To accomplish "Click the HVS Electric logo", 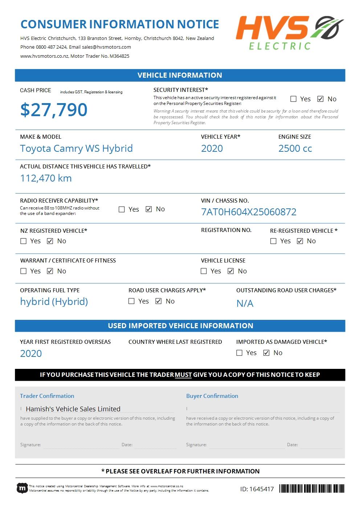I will pyautogui.click(x=290, y=32).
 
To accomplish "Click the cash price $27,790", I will pyautogui.click(x=54, y=110).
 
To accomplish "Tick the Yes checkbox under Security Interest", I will pyautogui.click(x=294, y=99).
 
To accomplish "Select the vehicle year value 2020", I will pyautogui.click(x=212, y=148).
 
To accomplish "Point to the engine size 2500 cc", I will pyautogui.click(x=295, y=148).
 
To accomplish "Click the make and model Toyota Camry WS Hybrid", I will pyautogui.click(x=76, y=148).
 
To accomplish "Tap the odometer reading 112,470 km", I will pyautogui.click(x=46, y=178).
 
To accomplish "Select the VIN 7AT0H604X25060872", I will pyautogui.click(x=249, y=212).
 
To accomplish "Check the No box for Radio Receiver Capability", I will pyautogui.click(x=149, y=209).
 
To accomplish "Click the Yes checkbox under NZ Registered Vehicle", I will pyautogui.click(x=24, y=241).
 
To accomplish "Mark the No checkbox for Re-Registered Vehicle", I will pyautogui.click(x=300, y=241).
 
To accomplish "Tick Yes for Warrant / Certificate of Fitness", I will pyautogui.click(x=24, y=271).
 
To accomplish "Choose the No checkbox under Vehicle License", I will pyautogui.click(x=231, y=271).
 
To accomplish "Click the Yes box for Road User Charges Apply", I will pyautogui.click(x=131, y=301).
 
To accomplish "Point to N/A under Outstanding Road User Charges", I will pyautogui.click(x=245, y=304).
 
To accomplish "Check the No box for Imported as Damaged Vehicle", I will pyautogui.click(x=266, y=353).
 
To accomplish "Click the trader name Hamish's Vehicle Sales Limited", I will pyautogui.click(x=73, y=409).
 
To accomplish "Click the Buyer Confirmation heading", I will pyautogui.click(x=212, y=396).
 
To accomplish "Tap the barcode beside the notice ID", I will pyautogui.click(x=312, y=489).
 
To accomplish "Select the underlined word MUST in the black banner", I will pyautogui.click(x=183, y=375).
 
